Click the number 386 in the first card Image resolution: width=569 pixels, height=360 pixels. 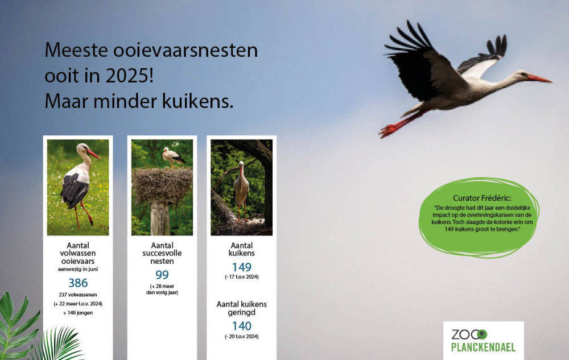pyautogui.click(x=78, y=283)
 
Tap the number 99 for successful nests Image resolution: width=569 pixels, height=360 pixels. pyautogui.click(x=162, y=275)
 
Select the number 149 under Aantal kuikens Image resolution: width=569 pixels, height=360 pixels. pyautogui.click(x=242, y=267)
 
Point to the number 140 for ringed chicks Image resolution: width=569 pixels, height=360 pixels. pyautogui.click(x=242, y=326)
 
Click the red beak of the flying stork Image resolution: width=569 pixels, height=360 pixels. pyautogui.click(x=539, y=78)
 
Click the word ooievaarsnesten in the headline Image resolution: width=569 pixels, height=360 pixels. pyautogui.click(x=185, y=50)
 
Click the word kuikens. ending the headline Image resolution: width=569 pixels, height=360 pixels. pyautogui.click(x=198, y=101)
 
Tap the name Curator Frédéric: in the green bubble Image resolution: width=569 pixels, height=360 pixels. pyautogui.click(x=482, y=198)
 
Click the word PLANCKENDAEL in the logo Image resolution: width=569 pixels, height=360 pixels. pyautogui.click(x=483, y=347)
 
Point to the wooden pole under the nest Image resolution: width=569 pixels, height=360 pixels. pyautogui.click(x=160, y=218)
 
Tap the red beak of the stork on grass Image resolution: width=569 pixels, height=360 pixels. pyautogui.click(x=93, y=154)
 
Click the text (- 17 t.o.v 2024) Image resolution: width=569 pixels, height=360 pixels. pyautogui.click(x=242, y=277)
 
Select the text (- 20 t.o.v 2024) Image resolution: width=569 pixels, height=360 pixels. pyautogui.click(x=242, y=337)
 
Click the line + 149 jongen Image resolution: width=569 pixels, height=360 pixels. pyautogui.click(x=78, y=313)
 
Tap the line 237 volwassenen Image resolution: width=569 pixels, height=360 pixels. pyautogui.click(x=78, y=295)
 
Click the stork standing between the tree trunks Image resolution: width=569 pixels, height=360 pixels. pyautogui.click(x=241, y=191)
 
